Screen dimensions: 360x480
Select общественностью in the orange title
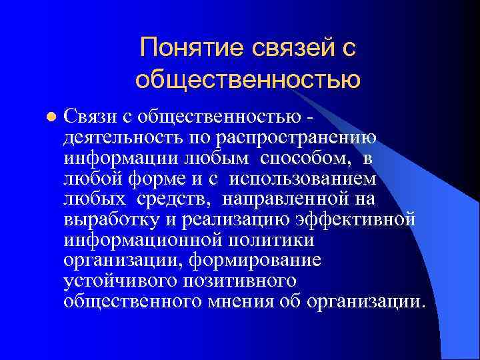point(248,79)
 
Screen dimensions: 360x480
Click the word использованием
point(304,179)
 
